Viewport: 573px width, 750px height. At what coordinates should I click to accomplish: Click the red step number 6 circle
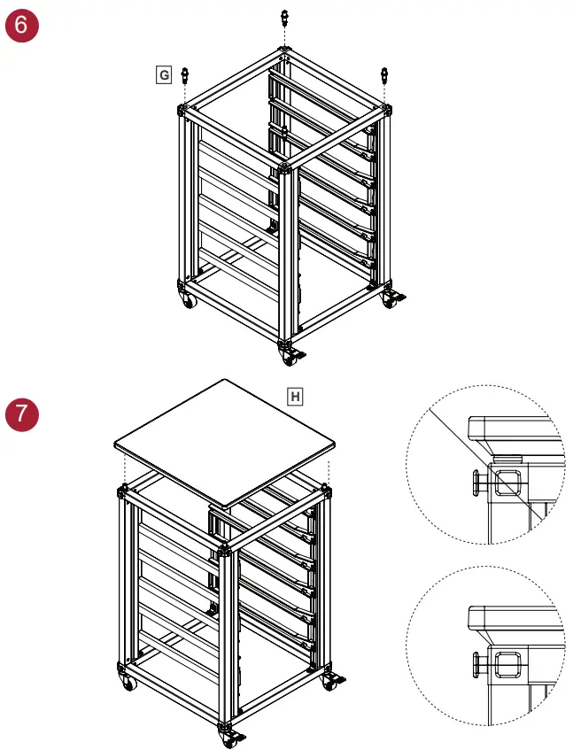22,24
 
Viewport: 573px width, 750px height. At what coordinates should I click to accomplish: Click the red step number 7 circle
22,414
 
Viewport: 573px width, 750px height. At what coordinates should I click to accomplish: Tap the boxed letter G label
163,75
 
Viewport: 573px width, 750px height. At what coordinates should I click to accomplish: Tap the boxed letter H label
295,396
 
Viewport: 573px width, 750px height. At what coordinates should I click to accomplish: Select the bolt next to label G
185,75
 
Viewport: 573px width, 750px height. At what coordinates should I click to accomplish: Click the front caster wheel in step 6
290,357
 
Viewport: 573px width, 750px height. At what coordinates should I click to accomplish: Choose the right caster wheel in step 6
390,300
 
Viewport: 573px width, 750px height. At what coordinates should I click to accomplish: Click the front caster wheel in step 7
228,739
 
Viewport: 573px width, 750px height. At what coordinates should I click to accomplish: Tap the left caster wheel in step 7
128,683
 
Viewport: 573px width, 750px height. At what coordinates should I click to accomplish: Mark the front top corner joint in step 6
285,166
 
